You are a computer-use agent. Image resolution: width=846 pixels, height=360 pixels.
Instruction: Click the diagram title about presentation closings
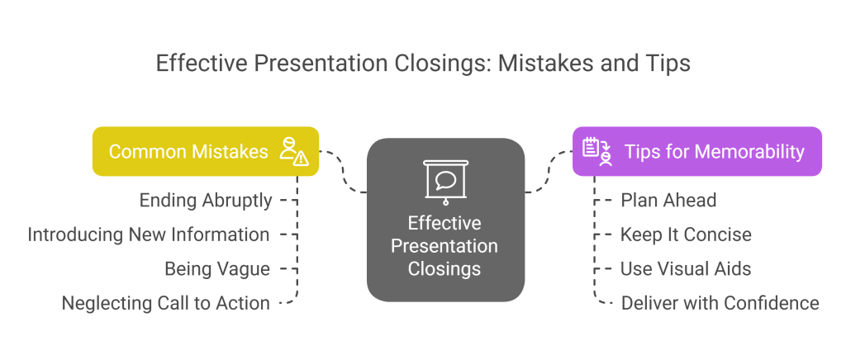point(422,64)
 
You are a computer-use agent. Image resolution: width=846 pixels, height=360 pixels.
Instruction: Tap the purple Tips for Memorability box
point(696,151)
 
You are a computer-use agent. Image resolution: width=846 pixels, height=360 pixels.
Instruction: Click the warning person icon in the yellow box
point(293,151)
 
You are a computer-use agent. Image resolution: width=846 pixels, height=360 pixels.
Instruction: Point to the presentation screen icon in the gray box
point(444,181)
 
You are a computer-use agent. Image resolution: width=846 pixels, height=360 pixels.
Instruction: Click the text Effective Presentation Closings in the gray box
point(444,246)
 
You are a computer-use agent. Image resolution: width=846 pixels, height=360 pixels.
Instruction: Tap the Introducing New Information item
point(149,234)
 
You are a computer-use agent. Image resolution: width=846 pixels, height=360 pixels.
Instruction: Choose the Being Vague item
point(216,268)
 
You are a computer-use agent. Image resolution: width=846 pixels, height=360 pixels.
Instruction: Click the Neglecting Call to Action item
point(165,303)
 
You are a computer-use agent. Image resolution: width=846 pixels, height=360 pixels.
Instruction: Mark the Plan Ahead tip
point(669,200)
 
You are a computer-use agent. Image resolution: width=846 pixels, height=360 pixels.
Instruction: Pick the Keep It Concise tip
point(686,234)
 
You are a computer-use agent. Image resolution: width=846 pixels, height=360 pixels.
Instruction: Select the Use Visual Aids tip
point(686,268)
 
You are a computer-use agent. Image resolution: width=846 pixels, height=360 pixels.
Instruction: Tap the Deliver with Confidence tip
point(720,303)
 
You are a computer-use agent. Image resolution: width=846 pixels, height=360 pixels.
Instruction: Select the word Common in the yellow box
point(142,151)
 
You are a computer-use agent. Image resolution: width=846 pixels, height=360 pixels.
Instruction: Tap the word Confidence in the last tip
point(770,303)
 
